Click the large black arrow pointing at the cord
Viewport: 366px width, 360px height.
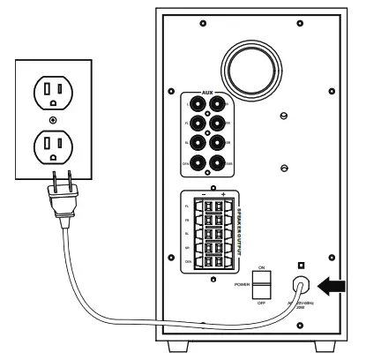(x=337, y=284)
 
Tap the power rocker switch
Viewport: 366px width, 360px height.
(x=264, y=284)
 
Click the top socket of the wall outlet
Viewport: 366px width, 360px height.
(x=55, y=88)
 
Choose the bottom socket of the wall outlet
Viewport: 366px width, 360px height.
(x=55, y=146)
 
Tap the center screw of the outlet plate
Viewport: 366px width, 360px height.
(x=55, y=117)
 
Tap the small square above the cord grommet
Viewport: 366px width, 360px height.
(x=303, y=263)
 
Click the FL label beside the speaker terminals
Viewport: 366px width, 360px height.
(x=187, y=206)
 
